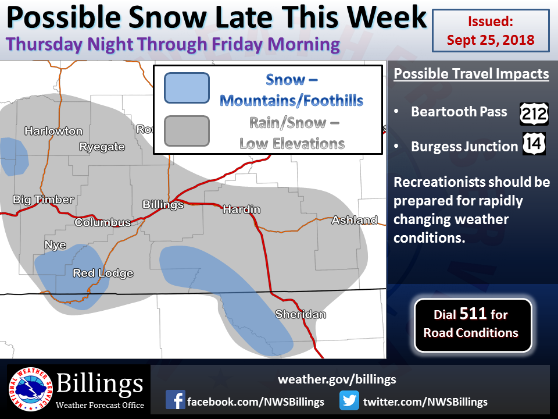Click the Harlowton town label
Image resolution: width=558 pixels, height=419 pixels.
click(53, 131)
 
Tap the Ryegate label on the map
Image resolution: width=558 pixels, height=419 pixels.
click(102, 147)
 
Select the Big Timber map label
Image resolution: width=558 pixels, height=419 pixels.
click(44, 200)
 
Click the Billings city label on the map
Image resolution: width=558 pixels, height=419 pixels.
click(163, 204)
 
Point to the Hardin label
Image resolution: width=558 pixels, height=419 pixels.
click(242, 210)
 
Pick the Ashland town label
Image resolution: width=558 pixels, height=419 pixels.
click(355, 220)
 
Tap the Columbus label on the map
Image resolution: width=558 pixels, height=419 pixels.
click(103, 222)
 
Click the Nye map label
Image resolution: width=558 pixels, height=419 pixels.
click(55, 245)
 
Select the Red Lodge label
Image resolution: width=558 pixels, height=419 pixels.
click(103, 274)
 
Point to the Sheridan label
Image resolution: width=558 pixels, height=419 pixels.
click(301, 314)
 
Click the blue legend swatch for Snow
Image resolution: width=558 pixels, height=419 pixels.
click(187, 88)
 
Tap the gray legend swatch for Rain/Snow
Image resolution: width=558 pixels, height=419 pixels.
click(187, 131)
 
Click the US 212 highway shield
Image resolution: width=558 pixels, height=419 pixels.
click(534, 114)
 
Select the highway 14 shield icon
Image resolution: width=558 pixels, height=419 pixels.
click(534, 144)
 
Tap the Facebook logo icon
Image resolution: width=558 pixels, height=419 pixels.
click(175, 400)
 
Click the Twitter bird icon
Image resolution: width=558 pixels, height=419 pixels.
click(349, 400)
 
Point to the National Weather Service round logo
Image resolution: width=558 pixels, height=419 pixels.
click(31, 389)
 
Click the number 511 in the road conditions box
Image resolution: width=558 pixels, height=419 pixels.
click(473, 314)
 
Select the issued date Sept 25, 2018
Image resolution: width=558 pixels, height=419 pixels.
click(491, 40)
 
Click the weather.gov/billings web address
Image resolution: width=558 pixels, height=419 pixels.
click(337, 379)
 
